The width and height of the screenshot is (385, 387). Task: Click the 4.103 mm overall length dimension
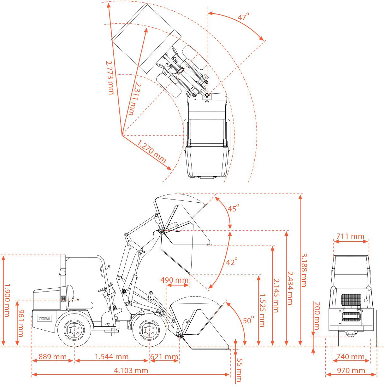tap(131, 371)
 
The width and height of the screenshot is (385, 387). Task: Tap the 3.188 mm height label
tap(304, 270)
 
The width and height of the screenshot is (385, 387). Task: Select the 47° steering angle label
tap(243, 17)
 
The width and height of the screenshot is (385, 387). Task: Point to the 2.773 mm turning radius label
tap(110, 77)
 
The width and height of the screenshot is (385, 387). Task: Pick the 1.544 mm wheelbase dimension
tap(112, 357)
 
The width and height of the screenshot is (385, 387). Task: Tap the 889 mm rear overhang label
tap(52, 357)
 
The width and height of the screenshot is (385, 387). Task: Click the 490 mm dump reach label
tap(174, 280)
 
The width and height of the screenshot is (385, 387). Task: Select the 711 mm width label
tap(350, 236)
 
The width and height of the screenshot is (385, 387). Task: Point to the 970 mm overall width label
tap(351, 371)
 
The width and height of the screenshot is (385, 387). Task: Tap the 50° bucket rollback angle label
tap(248, 321)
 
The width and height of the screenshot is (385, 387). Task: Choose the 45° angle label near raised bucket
tap(234, 208)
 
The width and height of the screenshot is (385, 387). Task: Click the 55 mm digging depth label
tap(239, 370)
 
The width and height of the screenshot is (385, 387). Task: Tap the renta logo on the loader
tap(44, 318)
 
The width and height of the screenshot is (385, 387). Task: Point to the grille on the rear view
tap(351, 299)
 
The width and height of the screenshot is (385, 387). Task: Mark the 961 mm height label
tap(21, 323)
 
